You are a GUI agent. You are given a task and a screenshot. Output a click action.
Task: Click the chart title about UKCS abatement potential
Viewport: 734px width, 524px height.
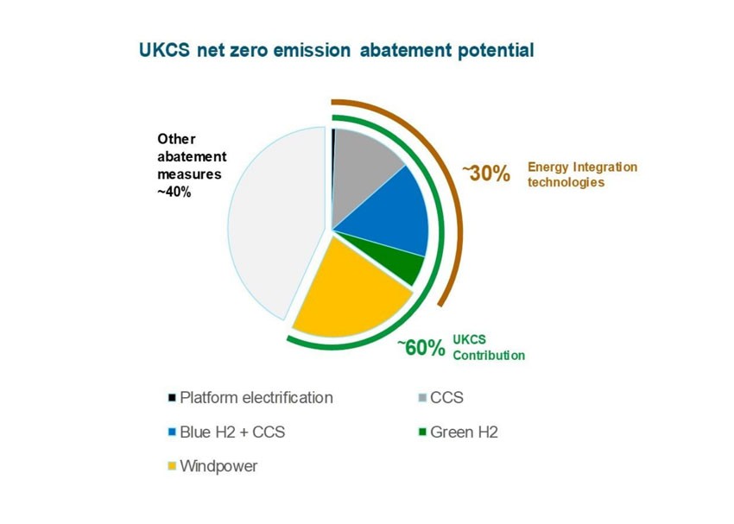337,50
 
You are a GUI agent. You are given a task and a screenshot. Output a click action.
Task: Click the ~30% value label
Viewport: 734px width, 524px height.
486,174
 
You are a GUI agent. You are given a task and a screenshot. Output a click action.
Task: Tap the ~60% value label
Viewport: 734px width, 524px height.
421,348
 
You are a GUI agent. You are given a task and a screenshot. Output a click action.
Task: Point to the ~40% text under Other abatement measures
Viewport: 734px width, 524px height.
174,192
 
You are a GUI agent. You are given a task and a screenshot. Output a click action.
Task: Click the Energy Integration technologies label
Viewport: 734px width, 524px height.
582,174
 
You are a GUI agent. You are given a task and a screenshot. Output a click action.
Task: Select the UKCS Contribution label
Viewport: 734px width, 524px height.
489,348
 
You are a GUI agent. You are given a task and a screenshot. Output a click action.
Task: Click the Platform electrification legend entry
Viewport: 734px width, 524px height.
250,398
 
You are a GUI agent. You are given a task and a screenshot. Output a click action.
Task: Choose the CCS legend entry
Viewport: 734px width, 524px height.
441,398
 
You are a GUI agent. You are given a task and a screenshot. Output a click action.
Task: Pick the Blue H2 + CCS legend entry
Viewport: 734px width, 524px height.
226,432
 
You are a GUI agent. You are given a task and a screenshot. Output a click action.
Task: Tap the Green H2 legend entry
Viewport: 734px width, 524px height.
458,432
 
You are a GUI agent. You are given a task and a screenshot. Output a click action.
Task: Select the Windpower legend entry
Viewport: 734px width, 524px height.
212,466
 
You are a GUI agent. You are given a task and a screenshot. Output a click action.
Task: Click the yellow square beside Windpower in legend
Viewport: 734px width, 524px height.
172,466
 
